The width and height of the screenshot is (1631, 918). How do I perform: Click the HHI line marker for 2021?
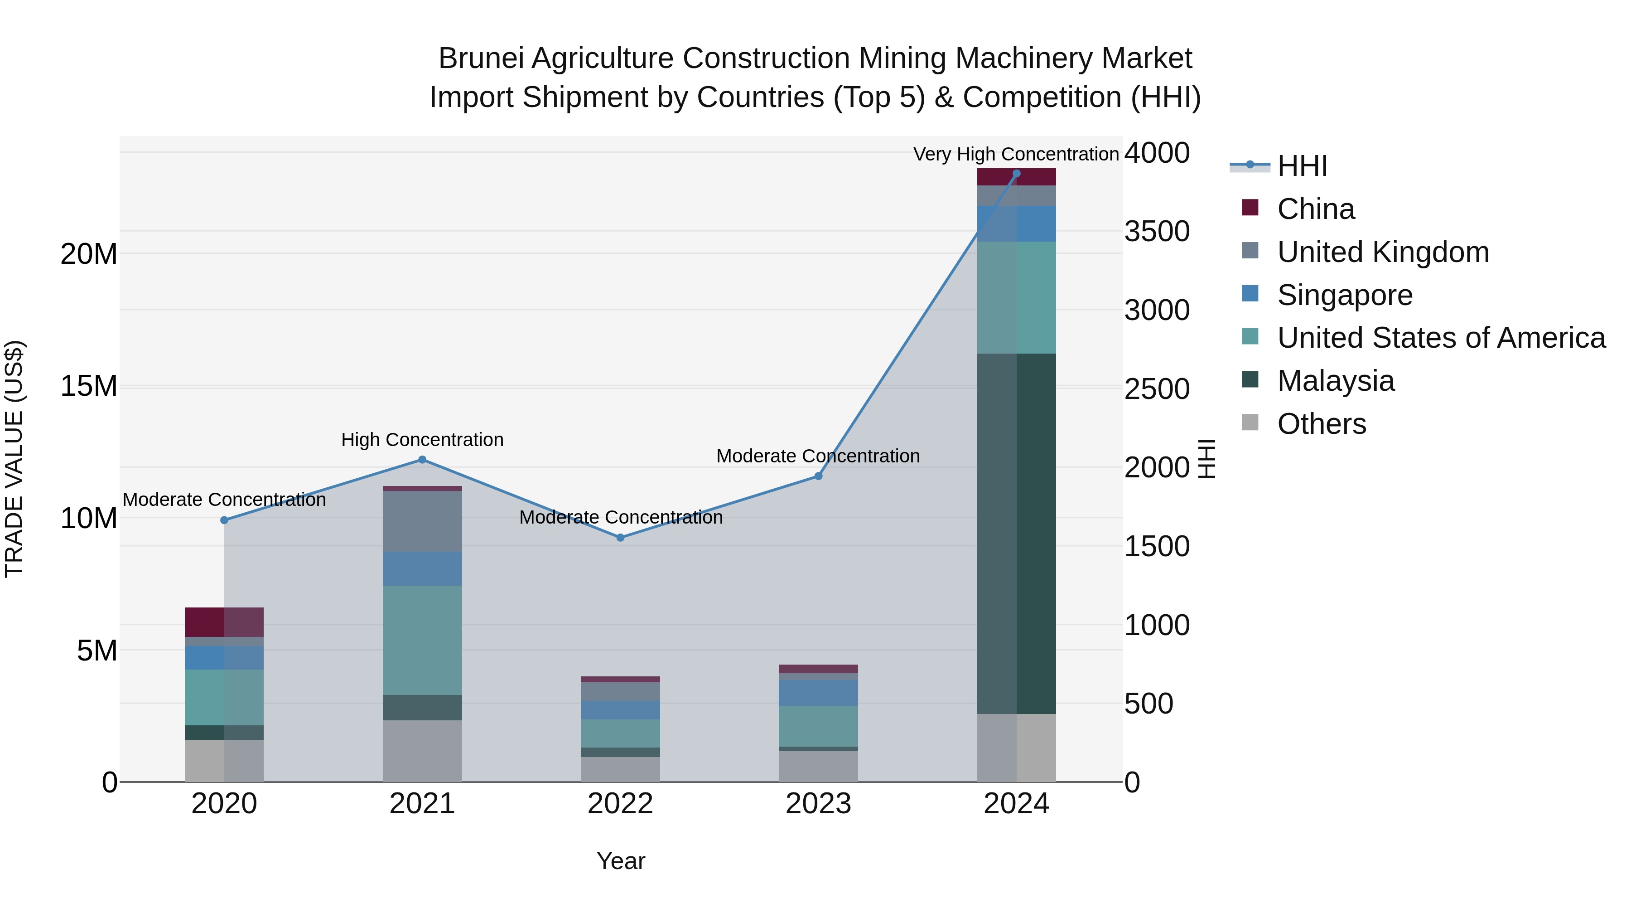422,460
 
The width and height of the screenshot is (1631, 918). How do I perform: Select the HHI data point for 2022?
621,537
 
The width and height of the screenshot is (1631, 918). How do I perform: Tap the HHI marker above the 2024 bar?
1016,174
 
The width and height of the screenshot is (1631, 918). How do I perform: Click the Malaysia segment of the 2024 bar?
1016,534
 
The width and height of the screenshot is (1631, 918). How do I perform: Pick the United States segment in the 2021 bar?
422,640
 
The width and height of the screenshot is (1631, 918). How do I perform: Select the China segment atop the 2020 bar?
224,622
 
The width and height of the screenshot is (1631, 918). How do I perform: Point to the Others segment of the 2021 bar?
422,751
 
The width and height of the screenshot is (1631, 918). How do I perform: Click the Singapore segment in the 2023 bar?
818,693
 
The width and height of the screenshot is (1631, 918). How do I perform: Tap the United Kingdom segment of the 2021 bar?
422,521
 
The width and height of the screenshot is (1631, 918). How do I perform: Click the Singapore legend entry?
1344,295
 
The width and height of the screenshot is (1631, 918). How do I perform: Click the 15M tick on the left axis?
89,386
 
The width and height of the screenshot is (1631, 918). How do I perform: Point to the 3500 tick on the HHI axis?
1157,231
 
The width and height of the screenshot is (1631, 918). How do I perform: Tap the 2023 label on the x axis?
818,804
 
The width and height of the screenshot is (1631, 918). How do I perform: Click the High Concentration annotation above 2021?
422,440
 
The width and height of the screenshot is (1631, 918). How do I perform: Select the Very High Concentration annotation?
1016,154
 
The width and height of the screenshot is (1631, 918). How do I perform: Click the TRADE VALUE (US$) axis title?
14,459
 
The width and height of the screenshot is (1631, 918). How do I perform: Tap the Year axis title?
621,861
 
